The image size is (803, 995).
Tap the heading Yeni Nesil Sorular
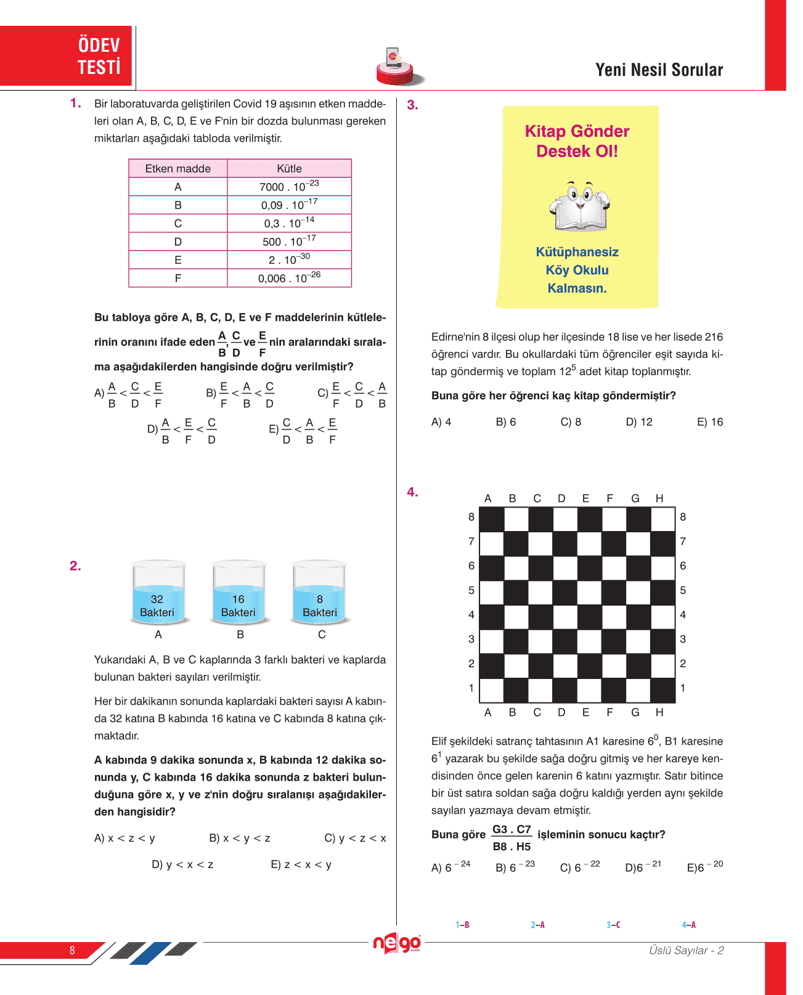tap(659, 70)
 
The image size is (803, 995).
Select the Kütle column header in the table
tap(289, 168)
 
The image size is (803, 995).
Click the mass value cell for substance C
tap(289, 223)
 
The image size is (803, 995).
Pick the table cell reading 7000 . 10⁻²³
tap(289, 187)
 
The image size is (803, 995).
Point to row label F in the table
tap(178, 278)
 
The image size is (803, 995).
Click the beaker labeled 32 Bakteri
tap(158, 593)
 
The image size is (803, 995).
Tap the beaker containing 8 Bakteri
tap(319, 593)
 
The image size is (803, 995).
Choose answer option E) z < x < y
tap(301, 864)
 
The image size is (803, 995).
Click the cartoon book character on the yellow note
tap(579, 206)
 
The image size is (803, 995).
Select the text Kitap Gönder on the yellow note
tap(577, 131)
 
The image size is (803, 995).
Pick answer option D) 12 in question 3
tap(639, 422)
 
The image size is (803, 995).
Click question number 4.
tap(412, 492)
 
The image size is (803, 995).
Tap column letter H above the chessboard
tap(659, 498)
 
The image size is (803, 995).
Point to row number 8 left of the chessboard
tap(471, 517)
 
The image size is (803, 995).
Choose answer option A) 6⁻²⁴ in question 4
tap(450, 867)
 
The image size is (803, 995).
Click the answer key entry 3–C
tap(613, 925)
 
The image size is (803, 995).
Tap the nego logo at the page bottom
tap(397, 943)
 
